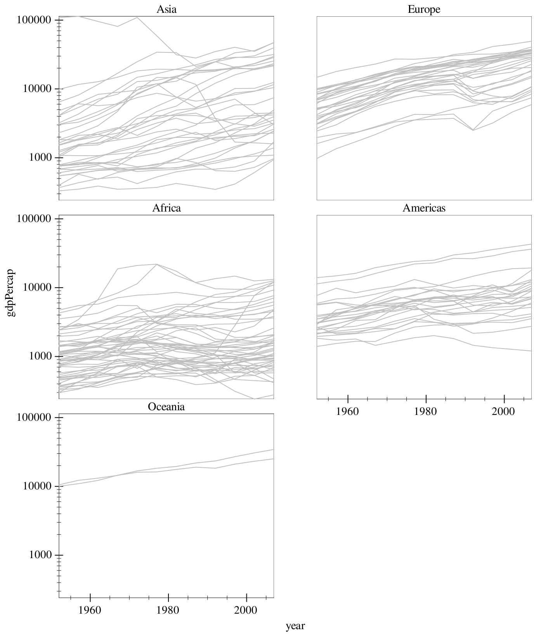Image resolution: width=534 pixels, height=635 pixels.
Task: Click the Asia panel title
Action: click(166, 9)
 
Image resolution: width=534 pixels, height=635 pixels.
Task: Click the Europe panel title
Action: click(424, 9)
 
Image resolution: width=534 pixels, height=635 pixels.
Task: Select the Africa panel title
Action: click(166, 208)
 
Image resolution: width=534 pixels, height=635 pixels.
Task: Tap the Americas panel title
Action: click(424, 208)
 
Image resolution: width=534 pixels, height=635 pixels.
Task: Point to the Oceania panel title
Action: click(166, 407)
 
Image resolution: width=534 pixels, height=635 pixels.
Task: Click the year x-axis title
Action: click(295, 626)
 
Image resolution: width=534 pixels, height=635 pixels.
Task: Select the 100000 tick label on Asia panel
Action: click(35, 20)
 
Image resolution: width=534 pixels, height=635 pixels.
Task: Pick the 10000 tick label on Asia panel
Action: click(38, 89)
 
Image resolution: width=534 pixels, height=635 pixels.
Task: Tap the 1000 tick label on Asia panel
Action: click(41, 158)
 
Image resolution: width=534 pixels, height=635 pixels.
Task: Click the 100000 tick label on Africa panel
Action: click(35, 219)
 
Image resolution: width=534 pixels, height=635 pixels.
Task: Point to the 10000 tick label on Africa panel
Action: click(38, 288)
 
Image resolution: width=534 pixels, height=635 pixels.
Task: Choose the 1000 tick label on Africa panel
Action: click(41, 356)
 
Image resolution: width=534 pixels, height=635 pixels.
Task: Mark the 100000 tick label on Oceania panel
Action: click(35, 418)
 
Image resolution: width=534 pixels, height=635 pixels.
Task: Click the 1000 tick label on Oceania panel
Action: click(41, 555)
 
